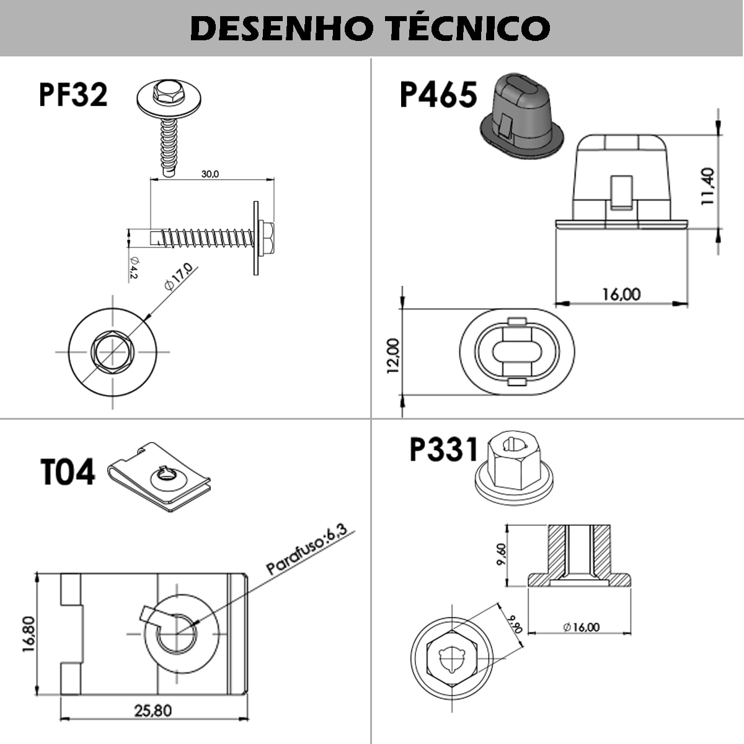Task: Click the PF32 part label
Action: (73, 95)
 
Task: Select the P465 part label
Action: (438, 95)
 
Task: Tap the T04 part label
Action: (68, 472)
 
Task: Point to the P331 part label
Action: (444, 449)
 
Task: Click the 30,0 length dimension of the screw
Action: (210, 174)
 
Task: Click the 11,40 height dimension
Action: (709, 186)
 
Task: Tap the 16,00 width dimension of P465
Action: (621, 294)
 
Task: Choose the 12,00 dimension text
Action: (393, 355)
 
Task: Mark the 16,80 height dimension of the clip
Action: (29, 633)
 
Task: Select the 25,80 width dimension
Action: (153, 710)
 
